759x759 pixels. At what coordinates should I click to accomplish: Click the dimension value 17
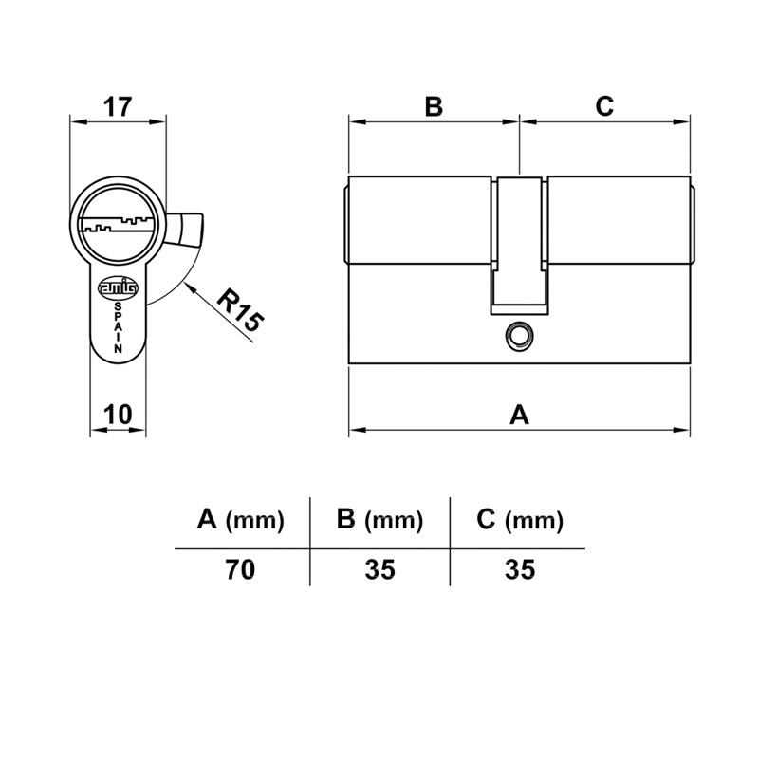click(118, 107)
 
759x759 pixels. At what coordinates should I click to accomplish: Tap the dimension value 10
click(118, 415)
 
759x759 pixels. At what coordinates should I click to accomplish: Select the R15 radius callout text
click(240, 310)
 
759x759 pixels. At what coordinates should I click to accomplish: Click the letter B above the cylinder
click(434, 106)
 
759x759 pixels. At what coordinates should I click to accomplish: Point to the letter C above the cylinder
click(604, 106)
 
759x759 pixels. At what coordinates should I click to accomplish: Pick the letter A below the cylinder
click(519, 415)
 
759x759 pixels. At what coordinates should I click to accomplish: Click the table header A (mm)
click(241, 520)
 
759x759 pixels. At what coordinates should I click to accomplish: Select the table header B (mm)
click(380, 520)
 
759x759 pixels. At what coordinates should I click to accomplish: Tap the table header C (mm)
click(520, 520)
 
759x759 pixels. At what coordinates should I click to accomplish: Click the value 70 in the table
click(240, 569)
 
